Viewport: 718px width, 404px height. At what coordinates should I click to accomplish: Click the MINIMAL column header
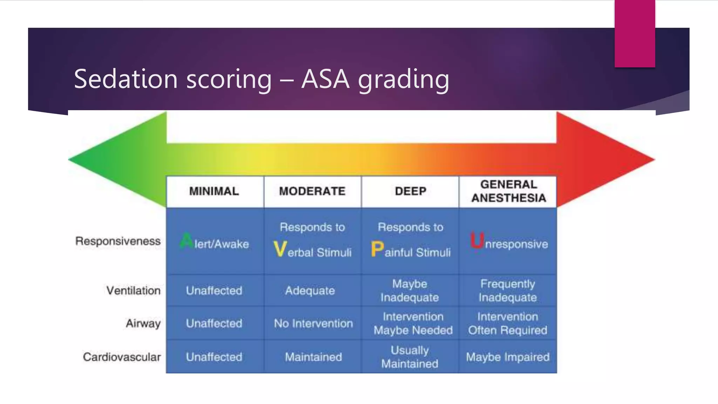tap(214, 191)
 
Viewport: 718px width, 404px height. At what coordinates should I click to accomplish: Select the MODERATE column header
tap(312, 191)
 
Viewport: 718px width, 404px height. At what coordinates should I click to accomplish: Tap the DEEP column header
tap(411, 191)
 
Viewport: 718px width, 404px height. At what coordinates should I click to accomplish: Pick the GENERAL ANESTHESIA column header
tap(508, 191)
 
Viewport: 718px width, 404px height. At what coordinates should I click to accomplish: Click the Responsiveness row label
tap(118, 241)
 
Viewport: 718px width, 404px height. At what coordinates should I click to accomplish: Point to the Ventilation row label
tap(133, 290)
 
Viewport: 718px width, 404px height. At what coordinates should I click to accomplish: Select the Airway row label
tap(143, 323)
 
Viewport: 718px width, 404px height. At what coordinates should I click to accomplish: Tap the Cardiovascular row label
tap(122, 357)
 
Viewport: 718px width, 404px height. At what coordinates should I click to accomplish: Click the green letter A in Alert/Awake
tap(186, 241)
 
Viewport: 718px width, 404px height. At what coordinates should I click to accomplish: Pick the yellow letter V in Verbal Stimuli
tap(280, 249)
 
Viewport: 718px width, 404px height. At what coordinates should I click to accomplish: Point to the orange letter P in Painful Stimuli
tap(377, 249)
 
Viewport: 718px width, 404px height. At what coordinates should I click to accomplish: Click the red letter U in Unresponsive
tap(477, 241)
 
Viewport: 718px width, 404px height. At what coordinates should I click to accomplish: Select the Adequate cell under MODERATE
tap(310, 291)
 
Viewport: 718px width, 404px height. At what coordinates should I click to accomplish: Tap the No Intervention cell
tap(313, 323)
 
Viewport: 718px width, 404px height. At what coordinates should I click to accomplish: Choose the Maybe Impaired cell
tap(508, 357)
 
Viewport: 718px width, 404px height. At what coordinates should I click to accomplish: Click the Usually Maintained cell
tap(410, 357)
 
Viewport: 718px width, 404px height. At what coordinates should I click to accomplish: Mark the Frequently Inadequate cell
tap(508, 290)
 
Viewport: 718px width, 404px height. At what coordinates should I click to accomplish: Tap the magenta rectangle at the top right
tap(635, 33)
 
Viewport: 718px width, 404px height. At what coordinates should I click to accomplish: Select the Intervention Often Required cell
tap(508, 323)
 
